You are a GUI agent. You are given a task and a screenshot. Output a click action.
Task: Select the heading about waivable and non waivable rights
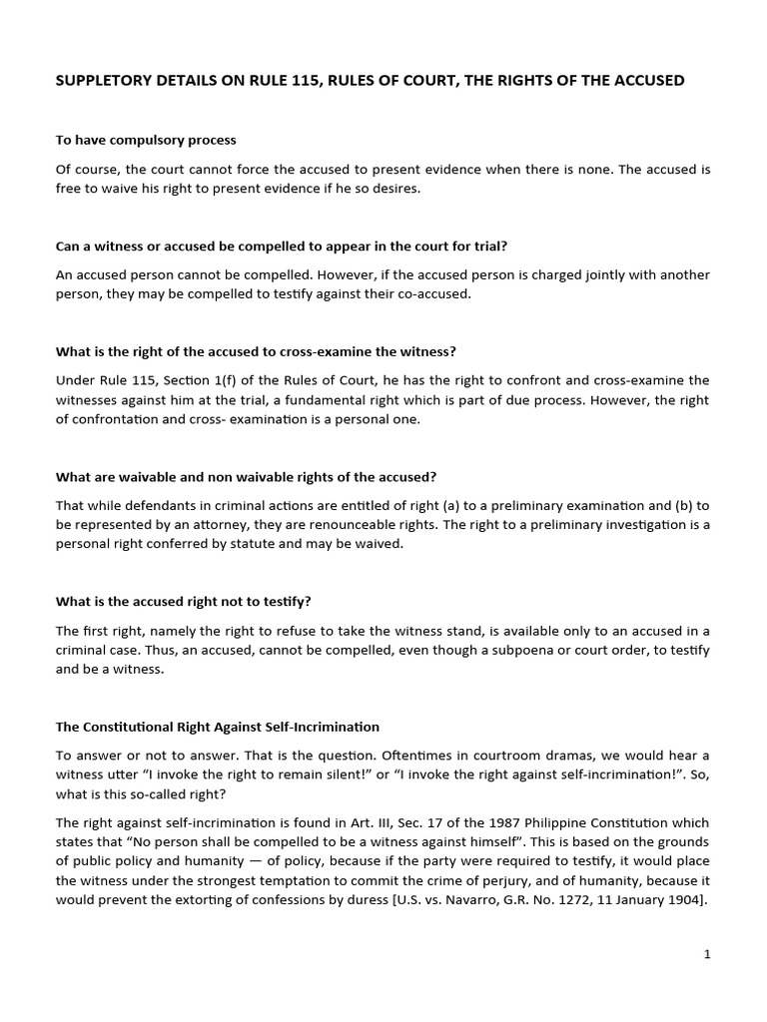click(x=246, y=477)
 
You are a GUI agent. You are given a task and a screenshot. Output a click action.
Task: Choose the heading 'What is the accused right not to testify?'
click(x=184, y=602)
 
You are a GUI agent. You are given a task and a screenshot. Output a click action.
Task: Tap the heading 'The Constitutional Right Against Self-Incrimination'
click(x=218, y=727)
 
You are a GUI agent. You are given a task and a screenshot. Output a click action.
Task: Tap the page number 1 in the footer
click(x=707, y=955)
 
